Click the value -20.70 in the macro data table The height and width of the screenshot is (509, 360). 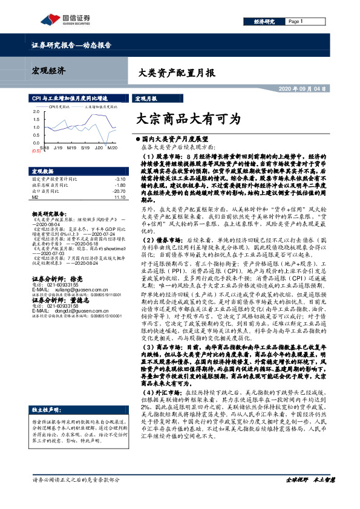click(x=119, y=190)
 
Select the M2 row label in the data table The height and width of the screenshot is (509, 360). click(x=35, y=196)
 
